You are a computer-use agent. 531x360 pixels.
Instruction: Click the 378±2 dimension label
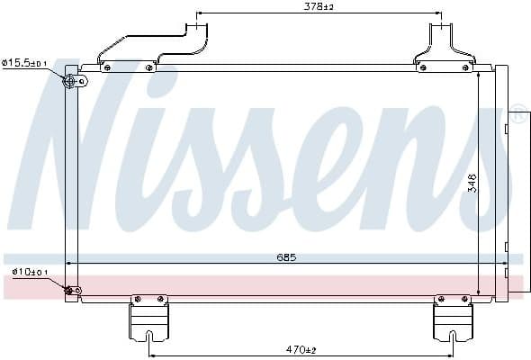[x=319, y=6]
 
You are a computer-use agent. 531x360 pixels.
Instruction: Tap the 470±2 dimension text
[x=301, y=349]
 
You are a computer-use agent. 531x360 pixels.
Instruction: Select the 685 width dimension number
[x=286, y=257]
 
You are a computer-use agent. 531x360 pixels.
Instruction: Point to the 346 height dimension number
[x=472, y=184]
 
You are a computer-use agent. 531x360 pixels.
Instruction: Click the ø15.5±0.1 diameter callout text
[x=24, y=63]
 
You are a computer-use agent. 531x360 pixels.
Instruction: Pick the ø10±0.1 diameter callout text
[x=31, y=272]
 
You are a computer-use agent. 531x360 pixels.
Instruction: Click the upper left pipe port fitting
[x=70, y=81]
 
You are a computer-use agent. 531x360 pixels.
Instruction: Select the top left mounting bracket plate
[x=128, y=67]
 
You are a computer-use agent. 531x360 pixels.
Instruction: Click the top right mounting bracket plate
[x=445, y=67]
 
